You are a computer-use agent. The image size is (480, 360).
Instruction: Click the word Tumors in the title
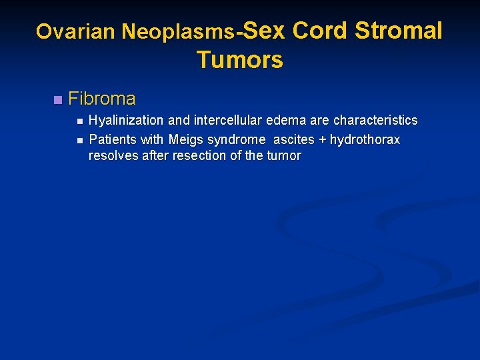240,60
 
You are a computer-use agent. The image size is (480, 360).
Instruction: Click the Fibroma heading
102,99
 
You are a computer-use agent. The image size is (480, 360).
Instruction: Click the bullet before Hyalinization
79,121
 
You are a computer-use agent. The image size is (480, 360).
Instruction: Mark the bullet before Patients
79,141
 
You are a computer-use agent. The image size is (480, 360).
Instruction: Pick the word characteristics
375,121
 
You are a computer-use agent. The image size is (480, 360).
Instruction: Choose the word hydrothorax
365,140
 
